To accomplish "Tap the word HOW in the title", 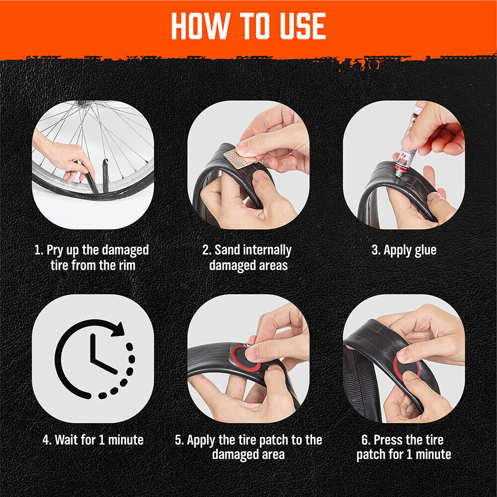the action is [x=200, y=26].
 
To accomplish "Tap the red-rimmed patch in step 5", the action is [x=244, y=358].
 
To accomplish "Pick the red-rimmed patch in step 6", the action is [x=407, y=368].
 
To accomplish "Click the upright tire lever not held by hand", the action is [x=105, y=175].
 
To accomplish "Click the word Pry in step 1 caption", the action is [x=55, y=250].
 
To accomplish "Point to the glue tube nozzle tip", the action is [x=398, y=175].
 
